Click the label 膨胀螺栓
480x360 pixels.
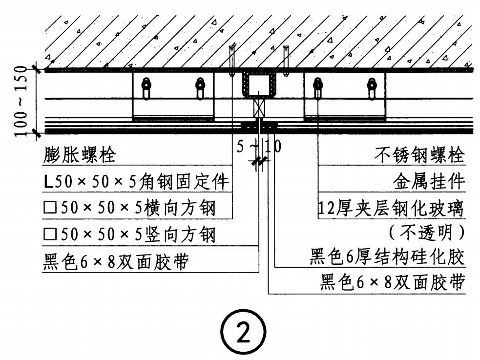pos(80,156)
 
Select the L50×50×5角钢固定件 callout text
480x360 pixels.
pos(136,182)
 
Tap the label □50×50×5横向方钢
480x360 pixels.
pos(129,209)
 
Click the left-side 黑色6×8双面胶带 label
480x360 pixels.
pos(116,262)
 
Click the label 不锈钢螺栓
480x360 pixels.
pos(419,156)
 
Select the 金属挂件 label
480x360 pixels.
pos(429,182)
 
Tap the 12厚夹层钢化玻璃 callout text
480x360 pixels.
pos(391,209)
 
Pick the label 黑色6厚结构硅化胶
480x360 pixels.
pos(387,256)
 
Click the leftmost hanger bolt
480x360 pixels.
pos(146,88)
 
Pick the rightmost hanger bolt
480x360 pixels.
pos(372,88)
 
